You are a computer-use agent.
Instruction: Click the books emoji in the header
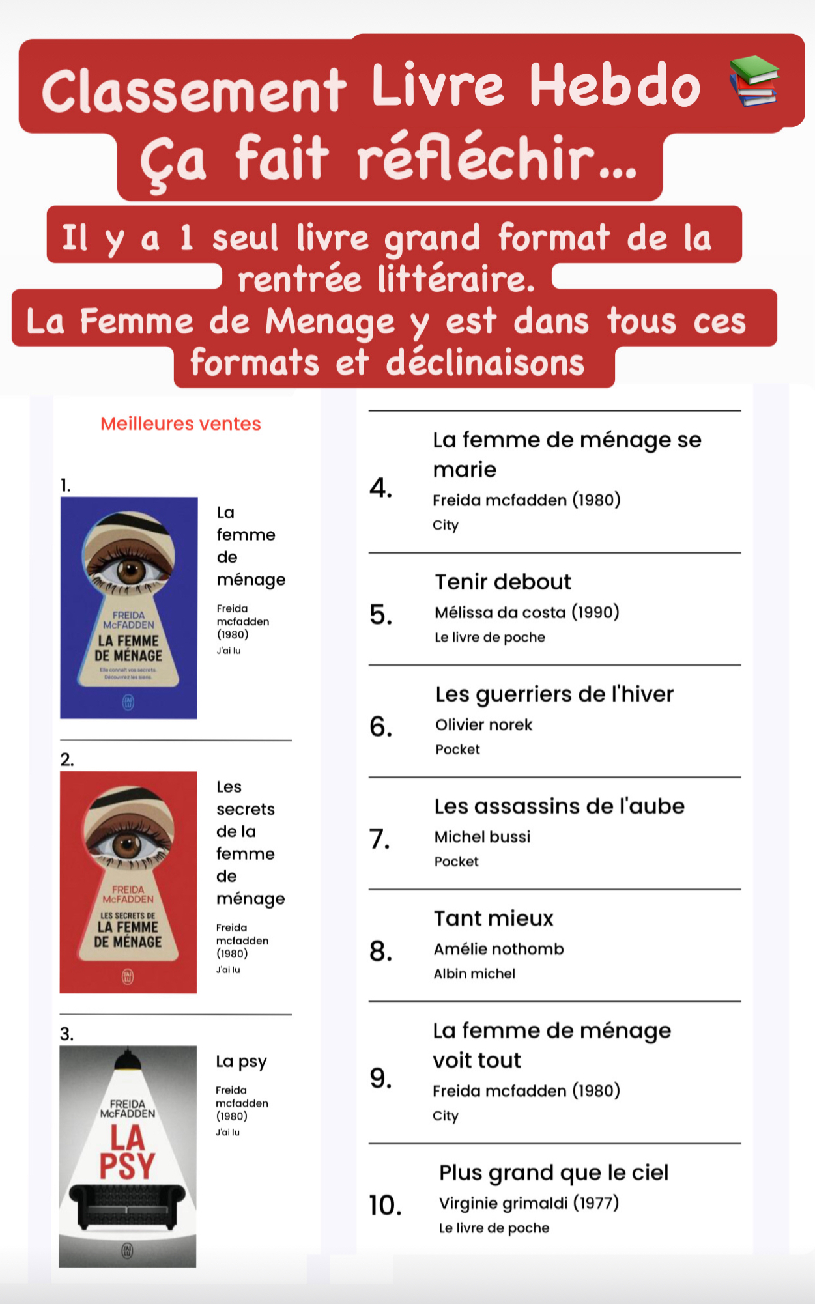pos(754,81)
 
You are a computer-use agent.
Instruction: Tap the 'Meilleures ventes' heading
pos(180,424)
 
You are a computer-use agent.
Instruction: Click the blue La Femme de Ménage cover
pos(129,608)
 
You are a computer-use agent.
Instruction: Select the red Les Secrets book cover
pos(128,882)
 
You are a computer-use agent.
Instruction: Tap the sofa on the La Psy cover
pos(127,1204)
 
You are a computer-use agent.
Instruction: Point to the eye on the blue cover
pos(130,571)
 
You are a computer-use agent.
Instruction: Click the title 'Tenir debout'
pos(503,582)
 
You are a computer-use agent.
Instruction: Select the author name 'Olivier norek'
pos(483,725)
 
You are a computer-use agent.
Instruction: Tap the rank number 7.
pos(380,839)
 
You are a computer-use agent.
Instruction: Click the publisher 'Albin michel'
pos(474,974)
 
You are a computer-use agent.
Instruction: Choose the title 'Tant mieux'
pos(494,918)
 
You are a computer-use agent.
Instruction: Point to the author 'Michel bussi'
pos(482,837)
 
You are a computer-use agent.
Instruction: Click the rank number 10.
pos(385,1206)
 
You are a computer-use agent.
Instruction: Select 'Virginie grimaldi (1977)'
pos(528,1203)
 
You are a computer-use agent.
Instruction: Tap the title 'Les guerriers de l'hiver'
pos(554,694)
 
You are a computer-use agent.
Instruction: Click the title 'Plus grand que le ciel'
pos(554,1172)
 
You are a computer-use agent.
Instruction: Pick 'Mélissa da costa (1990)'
pos(526,612)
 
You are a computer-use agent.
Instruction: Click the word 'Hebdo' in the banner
pos(614,86)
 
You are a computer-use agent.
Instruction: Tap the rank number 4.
pos(380,488)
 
